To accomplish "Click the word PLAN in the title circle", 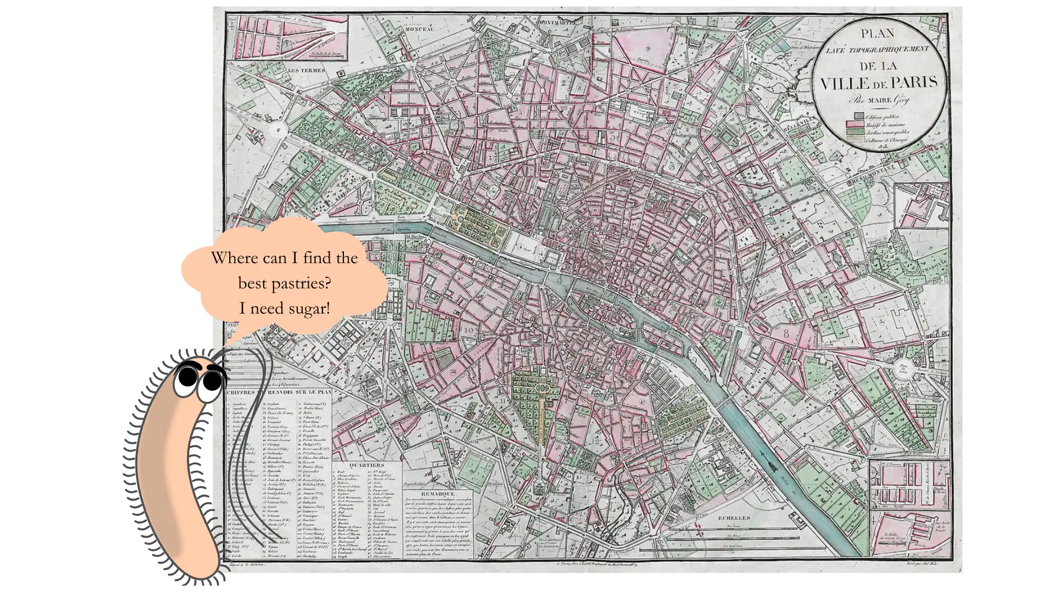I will pos(877,34).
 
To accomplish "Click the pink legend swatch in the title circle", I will pos(858,124).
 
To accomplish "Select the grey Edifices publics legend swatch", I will pos(858,116).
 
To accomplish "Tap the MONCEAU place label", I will pos(420,29).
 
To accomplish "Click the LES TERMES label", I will pos(306,70).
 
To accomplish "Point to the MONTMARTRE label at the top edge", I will pos(557,23).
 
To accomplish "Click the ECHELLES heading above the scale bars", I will pos(734,517).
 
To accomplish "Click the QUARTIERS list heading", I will pos(366,465).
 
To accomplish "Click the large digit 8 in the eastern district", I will pos(786,333).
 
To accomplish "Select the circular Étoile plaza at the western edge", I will pos(279,130).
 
